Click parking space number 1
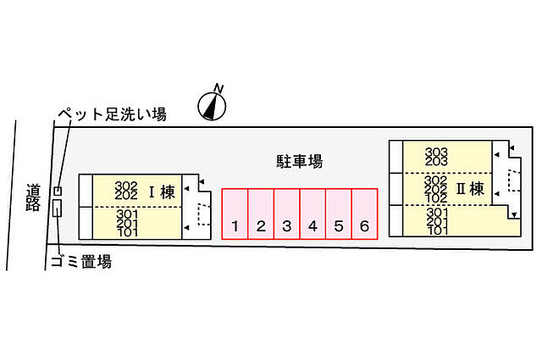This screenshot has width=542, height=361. click(235, 214)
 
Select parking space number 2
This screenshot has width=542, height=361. click(261, 214)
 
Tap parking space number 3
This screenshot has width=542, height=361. click(287, 214)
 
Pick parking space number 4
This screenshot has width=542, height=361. click(312, 214)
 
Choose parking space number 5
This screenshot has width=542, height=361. click(339, 214)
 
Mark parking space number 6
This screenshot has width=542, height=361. click(365, 214)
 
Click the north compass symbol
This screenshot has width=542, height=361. click(212, 103)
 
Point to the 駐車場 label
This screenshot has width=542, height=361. click(299, 161)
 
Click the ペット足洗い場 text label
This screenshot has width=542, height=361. click(113, 114)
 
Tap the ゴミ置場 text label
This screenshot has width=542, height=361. click(81, 261)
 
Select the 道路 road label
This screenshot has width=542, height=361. click(33, 197)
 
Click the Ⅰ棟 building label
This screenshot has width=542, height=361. click(162, 192)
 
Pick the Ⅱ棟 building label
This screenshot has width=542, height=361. click(470, 189)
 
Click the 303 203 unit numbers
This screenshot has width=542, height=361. click(436, 157)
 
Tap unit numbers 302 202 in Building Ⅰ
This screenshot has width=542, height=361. click(126, 191)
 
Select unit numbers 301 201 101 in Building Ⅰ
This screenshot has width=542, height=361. click(128, 224)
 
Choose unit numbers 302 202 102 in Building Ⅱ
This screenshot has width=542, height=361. click(436, 190)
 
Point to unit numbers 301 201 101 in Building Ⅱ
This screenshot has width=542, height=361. click(437, 221)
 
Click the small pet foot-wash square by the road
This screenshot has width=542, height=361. click(58, 191)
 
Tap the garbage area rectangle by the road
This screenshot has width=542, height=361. click(58, 208)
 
